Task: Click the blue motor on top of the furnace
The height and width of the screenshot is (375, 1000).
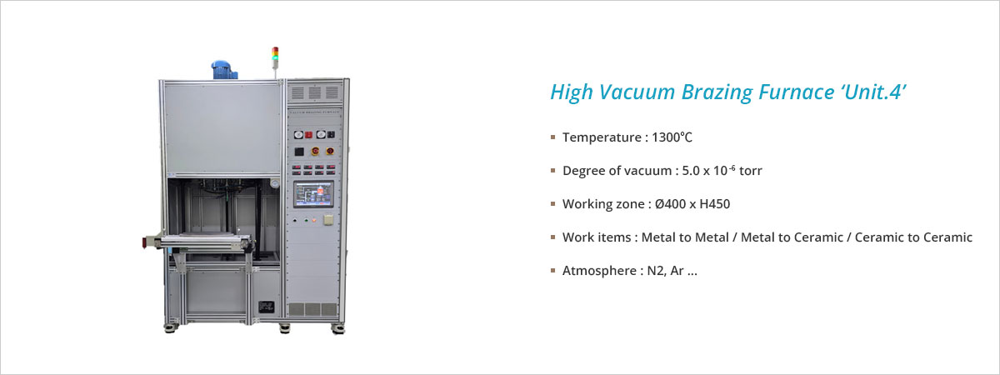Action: [224, 70]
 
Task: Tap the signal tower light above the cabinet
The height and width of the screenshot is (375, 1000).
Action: [276, 58]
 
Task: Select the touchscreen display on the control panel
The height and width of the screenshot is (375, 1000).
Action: [313, 194]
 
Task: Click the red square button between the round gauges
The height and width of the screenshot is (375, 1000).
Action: [308, 134]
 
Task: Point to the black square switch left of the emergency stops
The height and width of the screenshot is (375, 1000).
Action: [299, 152]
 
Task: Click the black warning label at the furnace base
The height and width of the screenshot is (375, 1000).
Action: [266, 307]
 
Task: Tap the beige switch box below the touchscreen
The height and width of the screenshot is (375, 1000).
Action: [328, 220]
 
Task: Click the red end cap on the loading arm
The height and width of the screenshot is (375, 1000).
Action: [145, 242]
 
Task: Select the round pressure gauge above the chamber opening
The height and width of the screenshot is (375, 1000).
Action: [274, 183]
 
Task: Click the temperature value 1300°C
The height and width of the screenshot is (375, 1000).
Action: [672, 137]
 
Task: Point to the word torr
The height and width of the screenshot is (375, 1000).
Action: [751, 171]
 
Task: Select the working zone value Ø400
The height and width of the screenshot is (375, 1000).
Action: [671, 204]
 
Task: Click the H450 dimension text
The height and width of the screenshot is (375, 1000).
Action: [715, 204]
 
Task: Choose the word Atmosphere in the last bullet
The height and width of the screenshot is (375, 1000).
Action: [599, 271]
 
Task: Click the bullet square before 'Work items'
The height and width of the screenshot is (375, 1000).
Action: [553, 237]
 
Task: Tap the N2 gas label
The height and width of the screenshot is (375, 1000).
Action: [656, 271]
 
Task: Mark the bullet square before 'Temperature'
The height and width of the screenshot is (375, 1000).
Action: [553, 137]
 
